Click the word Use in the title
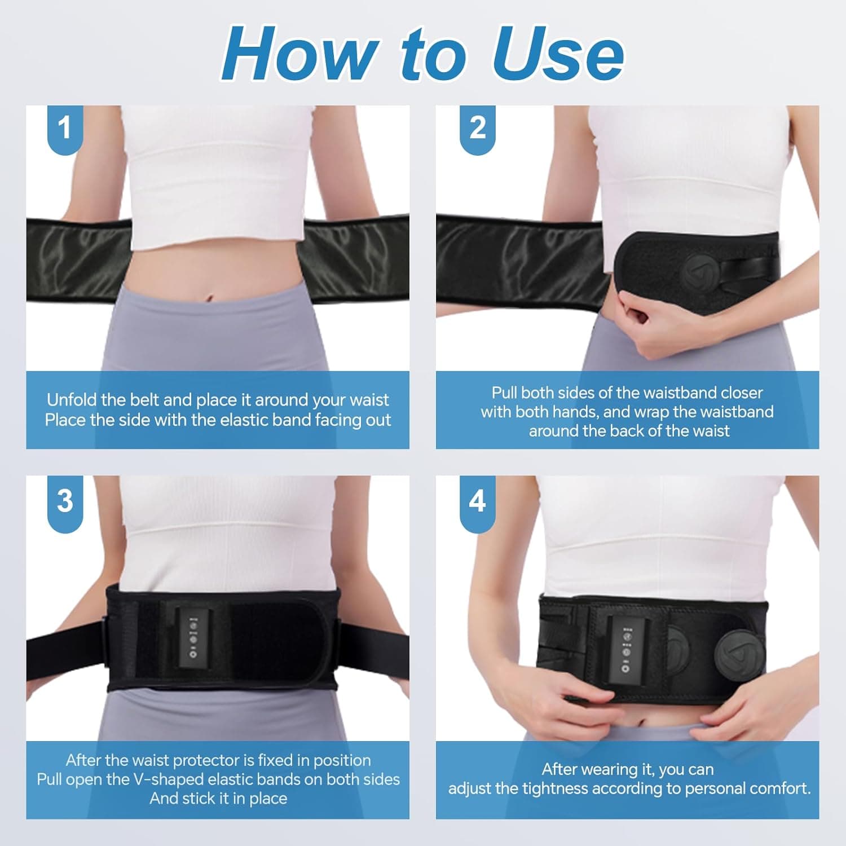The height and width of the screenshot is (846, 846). tap(558, 55)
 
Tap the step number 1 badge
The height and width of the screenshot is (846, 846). tap(65, 128)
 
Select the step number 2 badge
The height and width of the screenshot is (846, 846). tap(477, 128)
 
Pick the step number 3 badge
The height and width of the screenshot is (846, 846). tap(65, 501)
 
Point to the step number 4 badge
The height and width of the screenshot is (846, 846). tap(477, 501)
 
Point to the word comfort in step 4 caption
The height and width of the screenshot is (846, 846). tap(779, 788)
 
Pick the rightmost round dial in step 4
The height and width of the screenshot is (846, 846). tap(739, 655)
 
